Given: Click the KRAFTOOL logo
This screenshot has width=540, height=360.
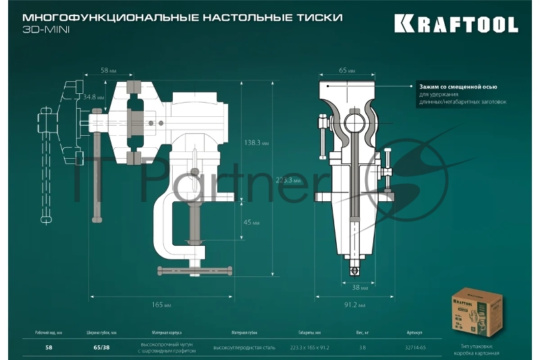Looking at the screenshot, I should (456, 25).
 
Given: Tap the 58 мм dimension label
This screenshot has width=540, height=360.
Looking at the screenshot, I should (109, 70).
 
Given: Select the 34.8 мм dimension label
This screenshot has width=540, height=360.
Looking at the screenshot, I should (93, 97).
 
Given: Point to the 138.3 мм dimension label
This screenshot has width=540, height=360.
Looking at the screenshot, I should (256, 143).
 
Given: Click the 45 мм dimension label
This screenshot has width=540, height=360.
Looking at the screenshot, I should (251, 222).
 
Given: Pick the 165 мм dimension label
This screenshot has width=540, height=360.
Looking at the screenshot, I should (162, 305).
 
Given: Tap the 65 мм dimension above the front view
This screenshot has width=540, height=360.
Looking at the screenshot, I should (347, 70).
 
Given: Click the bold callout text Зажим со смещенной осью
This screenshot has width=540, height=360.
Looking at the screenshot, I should (458, 87).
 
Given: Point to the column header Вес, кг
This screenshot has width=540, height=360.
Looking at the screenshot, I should (362, 332).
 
